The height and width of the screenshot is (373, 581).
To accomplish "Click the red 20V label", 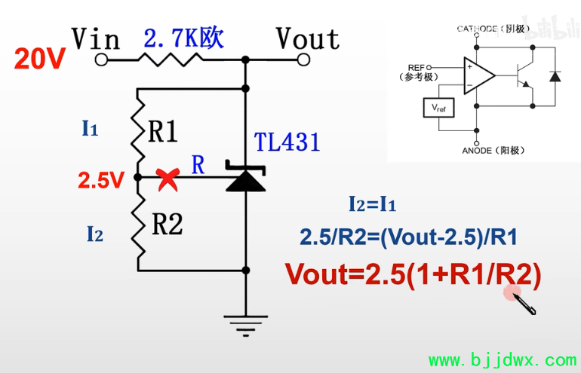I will coord(40,60).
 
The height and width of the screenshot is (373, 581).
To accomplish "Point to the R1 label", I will coord(163,133).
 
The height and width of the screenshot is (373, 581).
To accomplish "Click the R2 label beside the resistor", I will coord(167,224).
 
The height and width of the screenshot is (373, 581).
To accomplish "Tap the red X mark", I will coord(168,179).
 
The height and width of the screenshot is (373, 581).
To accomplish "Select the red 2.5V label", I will coord(100,180).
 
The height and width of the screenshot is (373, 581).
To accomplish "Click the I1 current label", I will coord(90,129).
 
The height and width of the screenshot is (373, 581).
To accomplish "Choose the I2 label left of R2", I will coord(94,234).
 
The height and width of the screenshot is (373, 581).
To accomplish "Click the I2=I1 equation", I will coord(372,203).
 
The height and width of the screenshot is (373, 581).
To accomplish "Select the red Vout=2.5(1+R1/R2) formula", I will coord(413,275).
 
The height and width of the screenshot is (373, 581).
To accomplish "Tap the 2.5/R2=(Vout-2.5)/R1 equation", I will coord(408,237).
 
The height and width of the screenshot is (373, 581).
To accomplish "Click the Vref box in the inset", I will coord(438,108).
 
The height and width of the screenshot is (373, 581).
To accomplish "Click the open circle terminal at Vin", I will coord(102,60).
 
